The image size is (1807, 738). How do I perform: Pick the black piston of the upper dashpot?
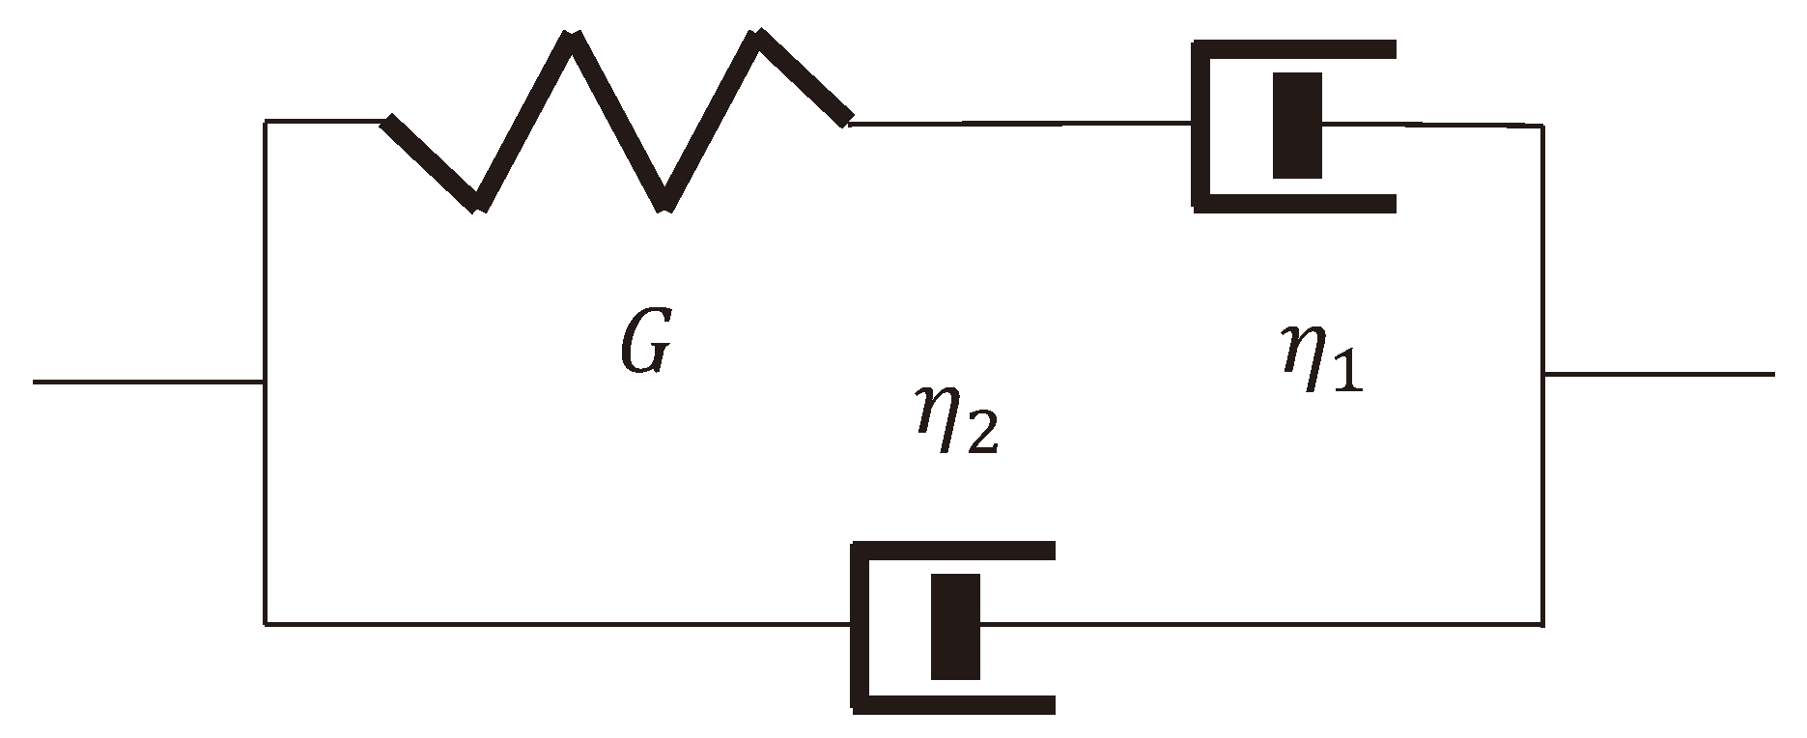tap(1297, 126)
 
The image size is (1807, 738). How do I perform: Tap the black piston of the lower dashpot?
tap(955, 626)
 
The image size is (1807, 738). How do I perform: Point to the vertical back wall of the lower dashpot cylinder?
tap(861, 626)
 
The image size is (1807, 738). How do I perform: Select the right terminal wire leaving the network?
tap(1657, 373)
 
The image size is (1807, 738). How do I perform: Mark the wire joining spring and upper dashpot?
tap(1019, 123)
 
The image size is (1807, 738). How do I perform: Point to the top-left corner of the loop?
tap(266, 122)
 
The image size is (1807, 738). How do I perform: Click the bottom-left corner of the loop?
tap(266, 624)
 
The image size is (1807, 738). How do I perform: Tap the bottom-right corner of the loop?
tap(1541, 624)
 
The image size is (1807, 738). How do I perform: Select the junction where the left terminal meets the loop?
tap(265, 382)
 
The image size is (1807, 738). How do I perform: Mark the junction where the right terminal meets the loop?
tap(1542, 373)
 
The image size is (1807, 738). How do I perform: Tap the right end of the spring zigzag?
tap(847, 120)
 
